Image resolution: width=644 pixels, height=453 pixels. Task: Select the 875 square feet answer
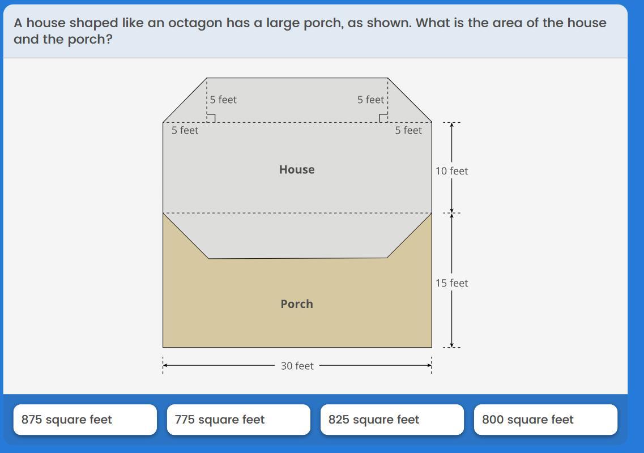(85, 420)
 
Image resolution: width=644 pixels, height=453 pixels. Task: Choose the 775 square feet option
(238, 420)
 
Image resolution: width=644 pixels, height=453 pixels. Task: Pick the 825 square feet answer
(392, 420)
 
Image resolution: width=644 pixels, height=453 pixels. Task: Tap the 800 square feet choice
(545, 420)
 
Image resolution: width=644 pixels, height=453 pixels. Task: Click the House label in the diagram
(297, 169)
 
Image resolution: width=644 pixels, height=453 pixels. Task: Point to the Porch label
(297, 304)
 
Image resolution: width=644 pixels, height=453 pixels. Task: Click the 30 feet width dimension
(297, 366)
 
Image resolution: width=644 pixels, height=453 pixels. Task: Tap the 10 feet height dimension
(451, 170)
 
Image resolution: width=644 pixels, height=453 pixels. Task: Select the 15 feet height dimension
(451, 283)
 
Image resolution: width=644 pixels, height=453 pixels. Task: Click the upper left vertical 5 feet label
(223, 100)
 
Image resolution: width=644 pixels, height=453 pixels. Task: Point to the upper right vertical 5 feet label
(370, 100)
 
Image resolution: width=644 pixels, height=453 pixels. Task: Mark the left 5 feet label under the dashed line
(185, 130)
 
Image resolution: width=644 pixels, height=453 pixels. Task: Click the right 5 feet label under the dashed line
(408, 130)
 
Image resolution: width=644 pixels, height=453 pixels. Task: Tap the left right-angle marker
(211, 118)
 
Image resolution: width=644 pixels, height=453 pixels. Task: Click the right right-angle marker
(383, 118)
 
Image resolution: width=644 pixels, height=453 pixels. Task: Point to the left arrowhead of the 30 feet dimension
(165, 365)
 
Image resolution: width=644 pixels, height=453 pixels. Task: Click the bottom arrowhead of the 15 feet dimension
(451, 344)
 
